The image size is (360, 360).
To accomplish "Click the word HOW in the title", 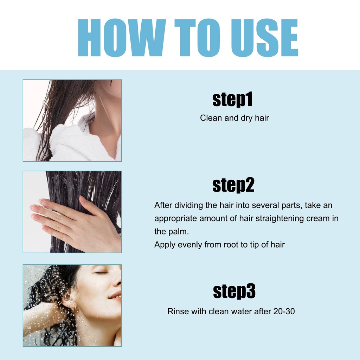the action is point(122,38).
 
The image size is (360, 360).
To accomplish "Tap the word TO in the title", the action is point(197,38).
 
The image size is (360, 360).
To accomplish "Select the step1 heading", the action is point(232,99).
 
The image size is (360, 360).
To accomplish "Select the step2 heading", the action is point(233,185).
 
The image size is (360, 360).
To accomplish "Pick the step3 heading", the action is point(234,291).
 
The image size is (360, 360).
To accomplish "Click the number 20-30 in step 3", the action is point(284,311).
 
